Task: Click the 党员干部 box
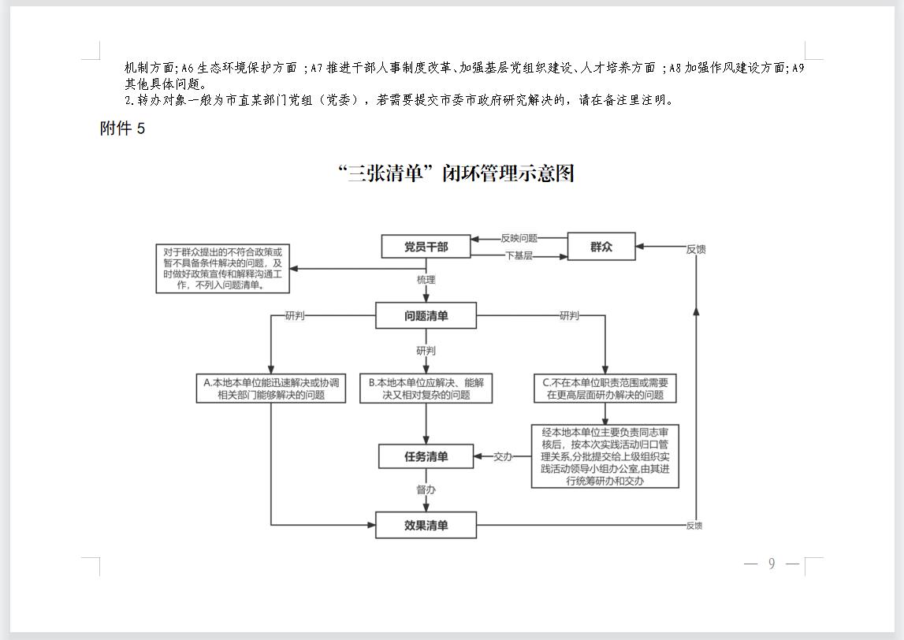click(x=426, y=246)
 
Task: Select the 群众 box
click(x=601, y=246)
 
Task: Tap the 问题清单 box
click(x=426, y=315)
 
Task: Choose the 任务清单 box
click(x=426, y=456)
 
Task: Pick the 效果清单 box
click(x=426, y=525)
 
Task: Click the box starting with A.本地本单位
click(x=271, y=388)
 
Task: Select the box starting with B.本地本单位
click(x=426, y=388)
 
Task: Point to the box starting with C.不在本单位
click(x=605, y=388)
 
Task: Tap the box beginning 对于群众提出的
click(x=222, y=268)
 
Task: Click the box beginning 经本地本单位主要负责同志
click(x=605, y=456)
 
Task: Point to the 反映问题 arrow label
click(x=519, y=238)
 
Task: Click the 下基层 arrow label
click(x=519, y=255)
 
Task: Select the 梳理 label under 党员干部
click(x=426, y=280)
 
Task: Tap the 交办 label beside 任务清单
click(x=503, y=456)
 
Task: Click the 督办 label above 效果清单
click(x=426, y=489)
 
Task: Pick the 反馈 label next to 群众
click(x=696, y=249)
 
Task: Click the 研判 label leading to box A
click(x=295, y=315)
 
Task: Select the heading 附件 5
click(x=122, y=128)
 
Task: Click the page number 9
click(x=772, y=564)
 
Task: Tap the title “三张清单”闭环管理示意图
click(x=456, y=173)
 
